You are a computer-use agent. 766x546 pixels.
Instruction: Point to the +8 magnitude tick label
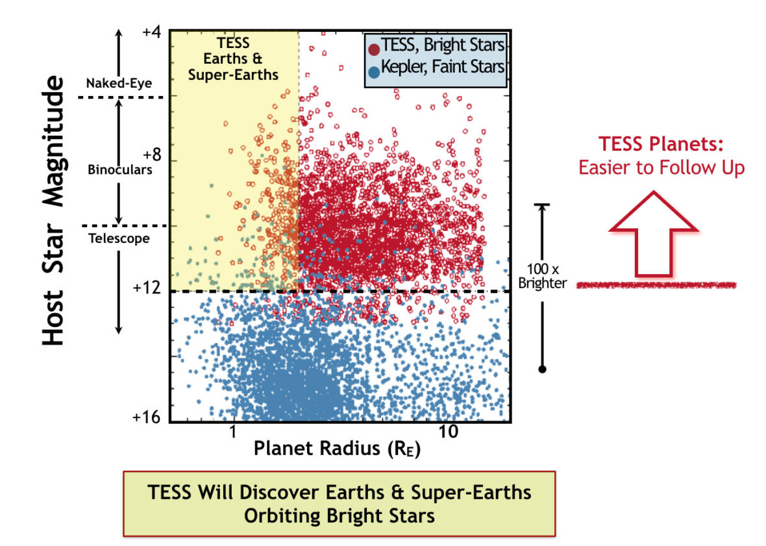[151, 156]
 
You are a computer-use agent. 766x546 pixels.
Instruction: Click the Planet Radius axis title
[336, 450]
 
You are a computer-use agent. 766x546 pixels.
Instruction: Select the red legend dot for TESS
[373, 48]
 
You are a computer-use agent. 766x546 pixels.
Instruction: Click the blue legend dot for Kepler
[373, 68]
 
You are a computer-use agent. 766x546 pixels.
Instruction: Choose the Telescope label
[119, 238]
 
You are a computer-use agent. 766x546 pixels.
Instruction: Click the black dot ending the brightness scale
[543, 369]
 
